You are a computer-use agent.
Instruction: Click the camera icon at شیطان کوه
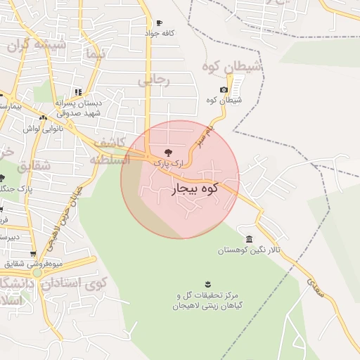224,89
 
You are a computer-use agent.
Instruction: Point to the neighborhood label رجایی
153,80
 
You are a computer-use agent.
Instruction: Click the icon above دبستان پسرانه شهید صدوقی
78,91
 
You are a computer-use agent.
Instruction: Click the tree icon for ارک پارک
167,152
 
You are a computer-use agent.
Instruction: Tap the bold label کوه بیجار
194,188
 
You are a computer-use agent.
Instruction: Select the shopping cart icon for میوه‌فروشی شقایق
32,254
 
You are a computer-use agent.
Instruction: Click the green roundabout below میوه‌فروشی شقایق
37,272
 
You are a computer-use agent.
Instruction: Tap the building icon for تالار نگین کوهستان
250,239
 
